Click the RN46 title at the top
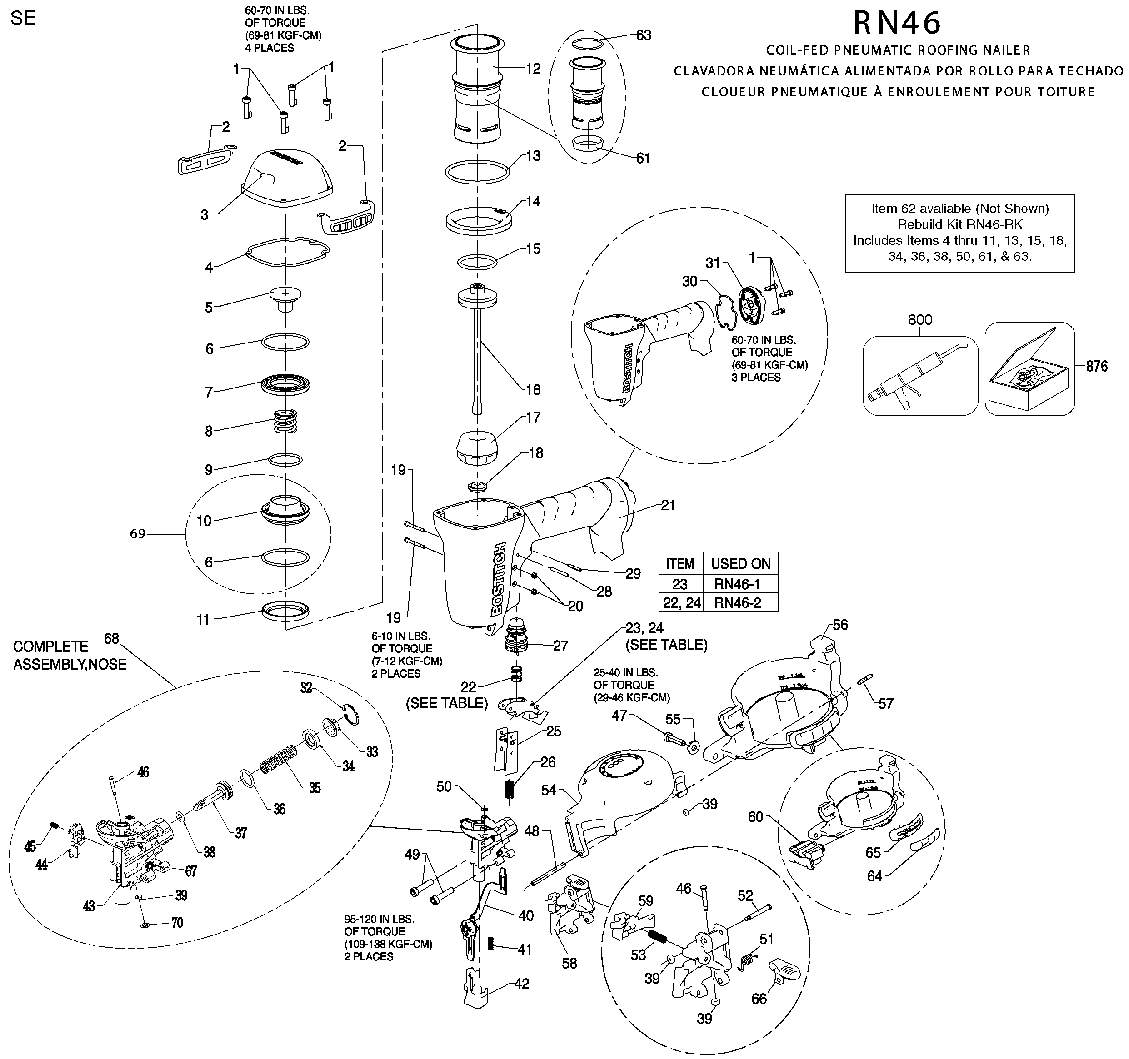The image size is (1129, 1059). coord(898,23)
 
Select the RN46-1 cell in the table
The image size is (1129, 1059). coord(737,584)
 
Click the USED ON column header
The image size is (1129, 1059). coord(740,563)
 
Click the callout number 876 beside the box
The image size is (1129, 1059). coord(1097,367)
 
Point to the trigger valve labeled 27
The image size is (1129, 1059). coord(516,638)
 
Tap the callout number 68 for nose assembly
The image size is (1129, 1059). coord(111,639)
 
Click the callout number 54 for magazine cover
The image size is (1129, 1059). coord(549,790)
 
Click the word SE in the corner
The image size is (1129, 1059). coord(23,18)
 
